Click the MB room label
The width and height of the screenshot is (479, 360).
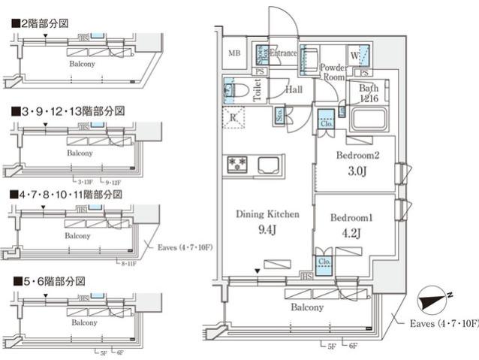(x=234, y=53)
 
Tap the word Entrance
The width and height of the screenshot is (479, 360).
(x=284, y=53)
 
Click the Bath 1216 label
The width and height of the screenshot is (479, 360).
(x=368, y=93)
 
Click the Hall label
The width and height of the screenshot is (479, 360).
(x=294, y=89)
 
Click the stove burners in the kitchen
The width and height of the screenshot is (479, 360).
(x=239, y=164)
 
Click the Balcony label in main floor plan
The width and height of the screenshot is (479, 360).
(x=307, y=307)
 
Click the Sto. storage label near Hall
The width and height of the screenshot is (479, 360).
(x=279, y=116)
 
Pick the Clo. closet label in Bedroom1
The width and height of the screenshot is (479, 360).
(x=325, y=262)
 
